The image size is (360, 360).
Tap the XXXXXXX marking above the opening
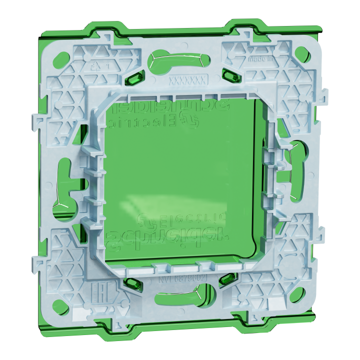tap(186, 79)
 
